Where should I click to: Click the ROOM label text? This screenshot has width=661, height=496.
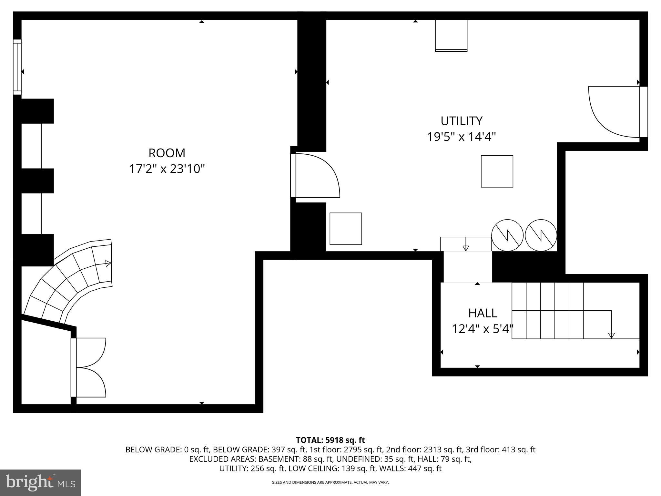point(167,153)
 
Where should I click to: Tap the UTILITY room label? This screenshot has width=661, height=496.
point(462,121)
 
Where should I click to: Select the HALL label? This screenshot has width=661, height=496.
point(483,313)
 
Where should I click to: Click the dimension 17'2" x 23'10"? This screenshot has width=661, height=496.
point(167,169)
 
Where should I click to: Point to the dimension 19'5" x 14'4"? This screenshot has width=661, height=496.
point(461,137)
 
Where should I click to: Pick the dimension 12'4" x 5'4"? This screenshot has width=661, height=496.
point(482,329)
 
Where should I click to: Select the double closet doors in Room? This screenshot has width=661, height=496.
point(89,367)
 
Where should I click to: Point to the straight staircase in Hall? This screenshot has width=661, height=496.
point(562,311)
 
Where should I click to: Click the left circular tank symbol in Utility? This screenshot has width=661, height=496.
point(507,235)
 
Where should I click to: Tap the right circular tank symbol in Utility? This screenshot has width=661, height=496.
point(541,235)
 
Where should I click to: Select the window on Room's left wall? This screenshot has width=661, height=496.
point(17,67)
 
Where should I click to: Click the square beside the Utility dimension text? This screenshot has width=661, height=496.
point(497,171)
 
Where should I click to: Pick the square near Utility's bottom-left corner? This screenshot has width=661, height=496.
point(345,229)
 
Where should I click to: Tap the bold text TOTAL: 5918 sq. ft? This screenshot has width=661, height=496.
point(330,440)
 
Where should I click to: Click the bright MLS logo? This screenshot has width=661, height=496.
point(40,483)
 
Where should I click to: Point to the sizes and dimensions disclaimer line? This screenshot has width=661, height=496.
point(330,482)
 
